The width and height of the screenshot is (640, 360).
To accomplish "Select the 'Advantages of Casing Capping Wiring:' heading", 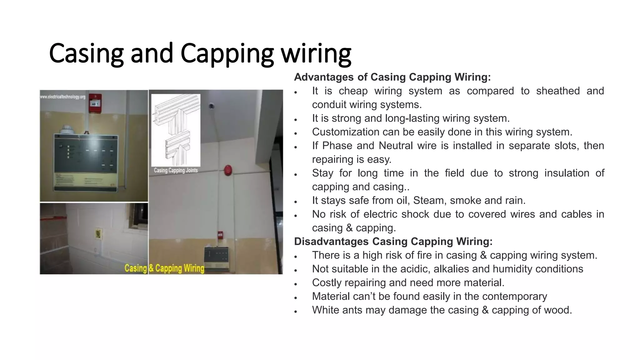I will point(392,77).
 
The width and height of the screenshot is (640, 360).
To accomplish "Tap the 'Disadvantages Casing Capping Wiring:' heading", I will point(393,242).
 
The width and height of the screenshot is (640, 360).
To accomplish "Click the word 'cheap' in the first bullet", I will point(353,91).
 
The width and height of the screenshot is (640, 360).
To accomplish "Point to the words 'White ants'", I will point(337,310).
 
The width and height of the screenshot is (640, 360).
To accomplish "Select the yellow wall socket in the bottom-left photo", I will point(98,234).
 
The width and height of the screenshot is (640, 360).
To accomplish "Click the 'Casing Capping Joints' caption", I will point(176,170).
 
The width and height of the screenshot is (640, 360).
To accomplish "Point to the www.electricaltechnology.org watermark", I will point(63,97).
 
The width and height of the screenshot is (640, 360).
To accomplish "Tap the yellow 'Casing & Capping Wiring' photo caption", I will point(164,268).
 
